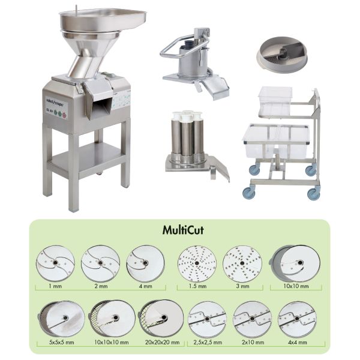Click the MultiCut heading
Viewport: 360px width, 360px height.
coord(179,230)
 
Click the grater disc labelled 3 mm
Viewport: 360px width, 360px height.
coord(242,263)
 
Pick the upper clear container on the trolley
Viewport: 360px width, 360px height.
coord(275,101)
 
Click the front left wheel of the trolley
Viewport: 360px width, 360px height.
coord(248,192)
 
